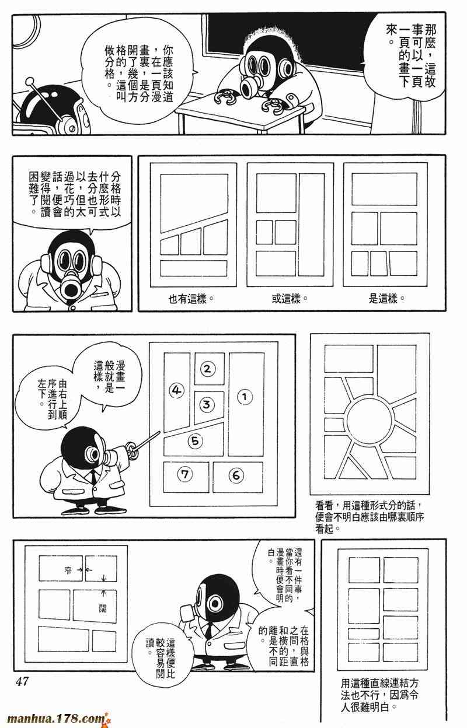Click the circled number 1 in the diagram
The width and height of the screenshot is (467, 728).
(245, 397)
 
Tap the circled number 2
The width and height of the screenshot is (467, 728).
(207, 369)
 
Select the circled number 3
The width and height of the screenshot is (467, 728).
(207, 405)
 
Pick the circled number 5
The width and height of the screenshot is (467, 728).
(195, 441)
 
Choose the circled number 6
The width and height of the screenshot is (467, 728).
(236, 475)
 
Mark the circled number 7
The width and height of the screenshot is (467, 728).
(185, 474)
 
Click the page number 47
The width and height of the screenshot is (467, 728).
(22, 681)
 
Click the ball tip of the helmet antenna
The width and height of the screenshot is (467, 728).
(30, 80)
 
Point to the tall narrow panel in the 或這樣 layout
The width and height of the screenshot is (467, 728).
(312, 225)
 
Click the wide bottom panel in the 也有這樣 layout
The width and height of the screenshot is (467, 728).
(194, 268)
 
